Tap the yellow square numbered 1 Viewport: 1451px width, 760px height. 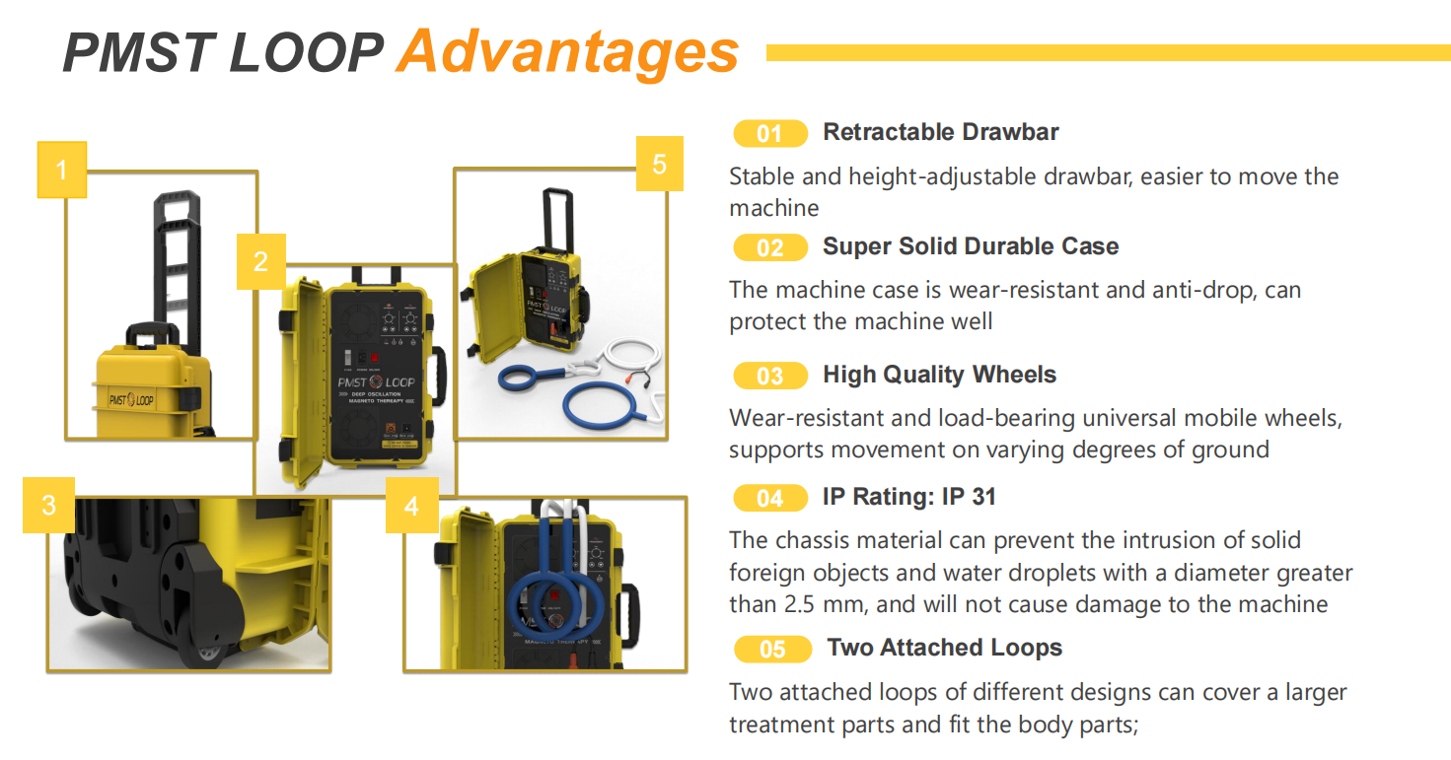[x=61, y=170]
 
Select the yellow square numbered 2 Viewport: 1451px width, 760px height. [x=261, y=261]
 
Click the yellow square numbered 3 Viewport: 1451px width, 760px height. [x=48, y=505]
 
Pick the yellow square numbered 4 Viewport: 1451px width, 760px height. [x=412, y=505]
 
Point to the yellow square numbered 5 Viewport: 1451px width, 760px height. [x=660, y=164]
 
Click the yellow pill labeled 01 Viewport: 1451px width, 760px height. [x=770, y=133]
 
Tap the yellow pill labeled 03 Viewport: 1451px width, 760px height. [x=770, y=376]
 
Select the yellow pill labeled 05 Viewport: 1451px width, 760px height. [x=772, y=649]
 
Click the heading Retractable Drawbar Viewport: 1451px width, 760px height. [x=941, y=132]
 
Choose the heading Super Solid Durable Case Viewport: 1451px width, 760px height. [x=971, y=246]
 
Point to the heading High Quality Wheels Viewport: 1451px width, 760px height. [x=939, y=375]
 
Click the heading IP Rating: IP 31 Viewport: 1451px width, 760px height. [x=908, y=497]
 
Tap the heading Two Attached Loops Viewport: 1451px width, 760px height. [x=944, y=648]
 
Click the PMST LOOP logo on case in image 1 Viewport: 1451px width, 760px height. [x=131, y=399]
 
